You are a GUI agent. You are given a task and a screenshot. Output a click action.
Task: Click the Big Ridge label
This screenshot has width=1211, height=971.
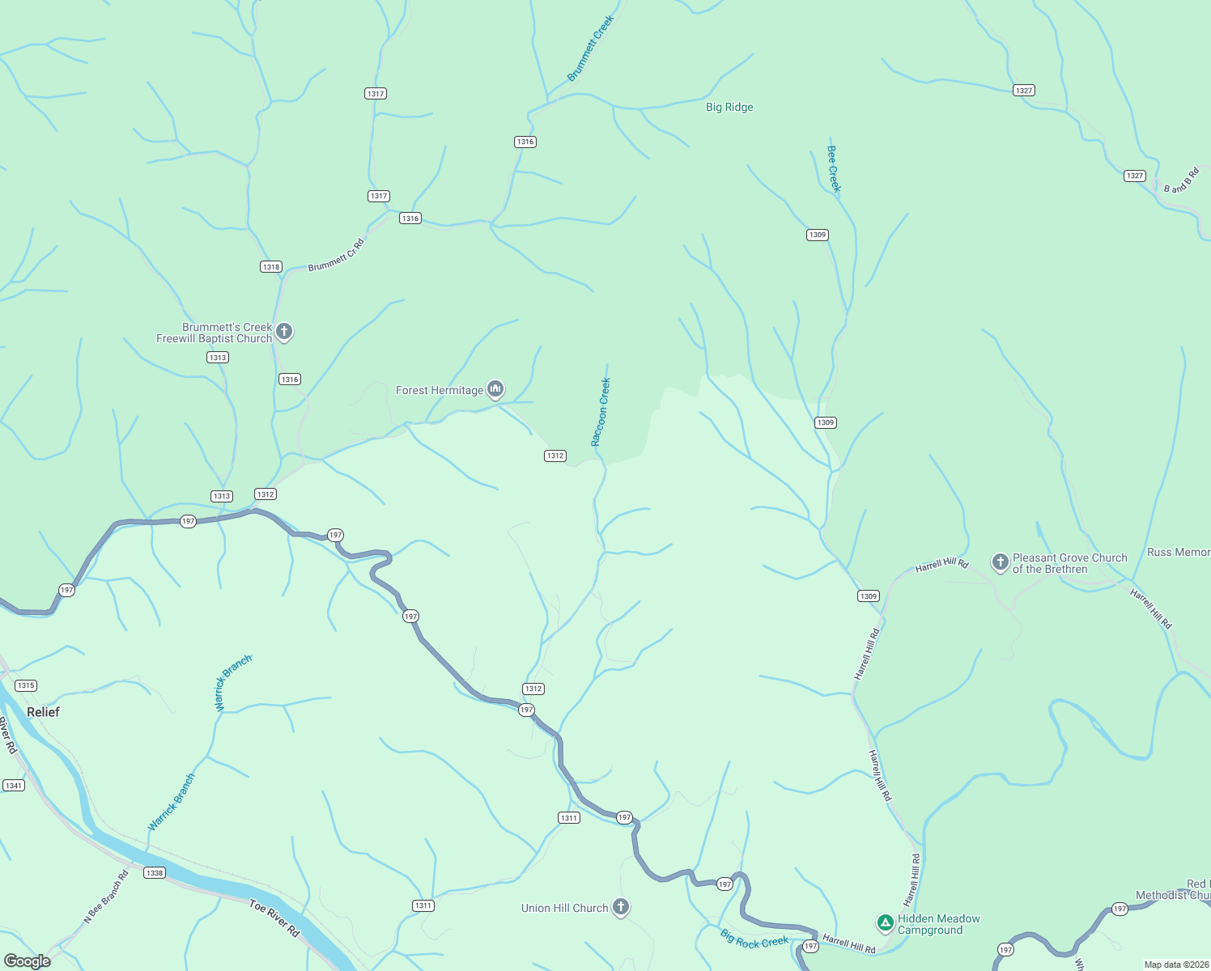(x=729, y=107)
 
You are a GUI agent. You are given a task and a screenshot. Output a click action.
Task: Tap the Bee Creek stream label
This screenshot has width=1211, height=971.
(x=834, y=168)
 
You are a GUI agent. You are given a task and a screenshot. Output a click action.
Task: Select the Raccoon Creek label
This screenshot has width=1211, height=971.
(x=601, y=412)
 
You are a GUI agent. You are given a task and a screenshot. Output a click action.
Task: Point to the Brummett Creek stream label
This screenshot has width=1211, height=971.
(x=590, y=49)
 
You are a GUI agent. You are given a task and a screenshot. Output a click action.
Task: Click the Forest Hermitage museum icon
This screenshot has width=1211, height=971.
(x=495, y=389)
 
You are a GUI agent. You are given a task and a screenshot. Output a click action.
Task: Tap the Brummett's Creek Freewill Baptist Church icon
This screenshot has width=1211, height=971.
(x=283, y=331)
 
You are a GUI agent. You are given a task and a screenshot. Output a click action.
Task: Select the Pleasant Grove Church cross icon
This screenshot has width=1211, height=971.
(x=1000, y=562)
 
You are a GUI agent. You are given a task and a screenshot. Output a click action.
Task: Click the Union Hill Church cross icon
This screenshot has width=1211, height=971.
(x=621, y=907)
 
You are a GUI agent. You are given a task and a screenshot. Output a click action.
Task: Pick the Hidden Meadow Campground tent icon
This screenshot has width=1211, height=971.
(x=886, y=922)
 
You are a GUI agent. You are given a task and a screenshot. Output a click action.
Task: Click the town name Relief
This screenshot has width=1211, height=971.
(x=43, y=712)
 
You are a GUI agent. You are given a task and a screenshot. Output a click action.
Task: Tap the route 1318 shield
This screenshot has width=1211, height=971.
(x=271, y=267)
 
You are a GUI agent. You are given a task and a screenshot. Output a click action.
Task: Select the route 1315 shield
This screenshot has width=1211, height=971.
(x=26, y=685)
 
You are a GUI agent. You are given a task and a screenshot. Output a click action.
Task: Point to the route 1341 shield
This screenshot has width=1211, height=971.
(x=14, y=786)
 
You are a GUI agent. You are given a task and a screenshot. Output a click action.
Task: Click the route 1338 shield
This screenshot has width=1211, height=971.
(x=154, y=873)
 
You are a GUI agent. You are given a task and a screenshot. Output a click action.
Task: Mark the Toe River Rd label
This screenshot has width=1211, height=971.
(x=274, y=918)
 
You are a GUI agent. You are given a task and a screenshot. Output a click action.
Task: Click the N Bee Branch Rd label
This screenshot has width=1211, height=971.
(x=106, y=897)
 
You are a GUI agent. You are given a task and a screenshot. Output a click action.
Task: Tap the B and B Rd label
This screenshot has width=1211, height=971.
(x=1181, y=180)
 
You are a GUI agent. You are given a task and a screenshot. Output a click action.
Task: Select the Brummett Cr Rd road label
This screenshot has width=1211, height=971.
(x=336, y=255)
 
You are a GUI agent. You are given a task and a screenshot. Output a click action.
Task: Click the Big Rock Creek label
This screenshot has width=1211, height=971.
(x=754, y=940)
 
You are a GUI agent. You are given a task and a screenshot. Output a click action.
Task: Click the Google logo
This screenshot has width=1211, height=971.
(x=28, y=960)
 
